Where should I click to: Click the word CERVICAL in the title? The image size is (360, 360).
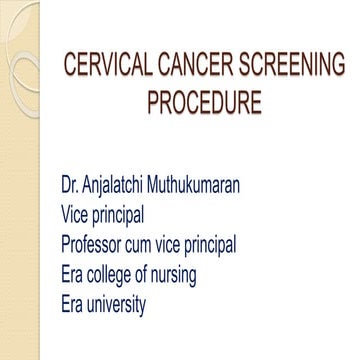[101, 68]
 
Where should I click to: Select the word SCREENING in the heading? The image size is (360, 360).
[280, 68]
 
